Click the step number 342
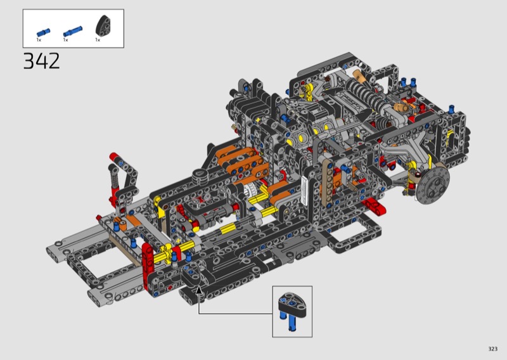point(41,61)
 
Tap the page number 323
point(493,349)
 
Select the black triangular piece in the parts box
point(103,25)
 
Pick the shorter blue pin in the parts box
point(43,32)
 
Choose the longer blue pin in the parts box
point(72,32)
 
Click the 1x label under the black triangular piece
point(98,40)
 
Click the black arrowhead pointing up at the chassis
point(200,290)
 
